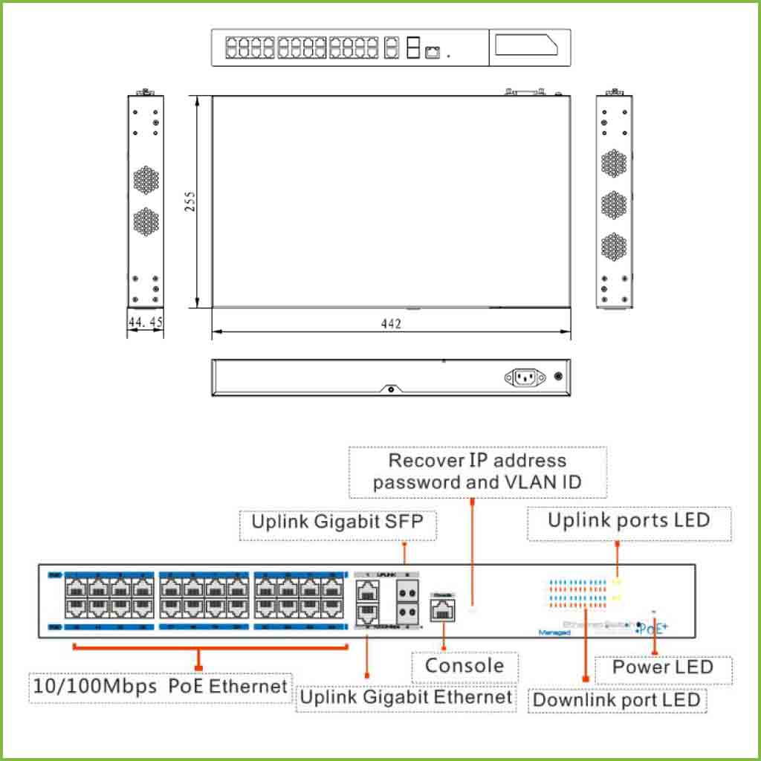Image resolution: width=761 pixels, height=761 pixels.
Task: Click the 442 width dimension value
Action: click(391, 324)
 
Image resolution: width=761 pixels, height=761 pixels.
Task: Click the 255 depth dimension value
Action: click(190, 201)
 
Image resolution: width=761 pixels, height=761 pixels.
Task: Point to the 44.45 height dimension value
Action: click(145, 323)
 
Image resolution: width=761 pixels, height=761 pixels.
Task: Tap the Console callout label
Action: click(464, 665)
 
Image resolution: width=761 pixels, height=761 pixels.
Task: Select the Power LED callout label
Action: click(662, 667)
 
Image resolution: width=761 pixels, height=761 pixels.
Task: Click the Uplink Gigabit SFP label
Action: click(337, 521)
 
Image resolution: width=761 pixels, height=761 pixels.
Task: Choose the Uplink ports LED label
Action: click(629, 519)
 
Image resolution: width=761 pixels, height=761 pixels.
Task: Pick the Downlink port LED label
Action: click(617, 699)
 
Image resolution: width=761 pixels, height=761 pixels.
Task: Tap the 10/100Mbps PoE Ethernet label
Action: click(159, 686)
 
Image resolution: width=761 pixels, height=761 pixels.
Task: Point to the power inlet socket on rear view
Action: click(524, 378)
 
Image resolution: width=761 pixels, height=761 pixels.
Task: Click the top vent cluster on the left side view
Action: click(146, 178)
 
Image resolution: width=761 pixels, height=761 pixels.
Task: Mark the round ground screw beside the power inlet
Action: click(558, 377)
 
